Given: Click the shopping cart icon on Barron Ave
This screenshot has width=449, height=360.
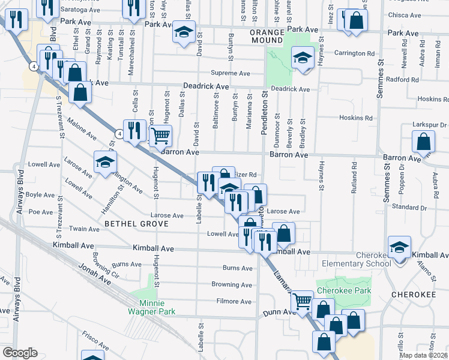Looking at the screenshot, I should (160, 136).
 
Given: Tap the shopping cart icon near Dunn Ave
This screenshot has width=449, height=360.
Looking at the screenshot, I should (302, 301).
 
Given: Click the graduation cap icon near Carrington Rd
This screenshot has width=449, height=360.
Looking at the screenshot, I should (301, 58).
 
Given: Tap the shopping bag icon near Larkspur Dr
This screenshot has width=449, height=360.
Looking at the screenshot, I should (423, 142).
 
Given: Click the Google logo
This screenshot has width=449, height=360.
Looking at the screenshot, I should (20, 352).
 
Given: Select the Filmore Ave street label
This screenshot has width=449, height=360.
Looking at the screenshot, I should (234, 301).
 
